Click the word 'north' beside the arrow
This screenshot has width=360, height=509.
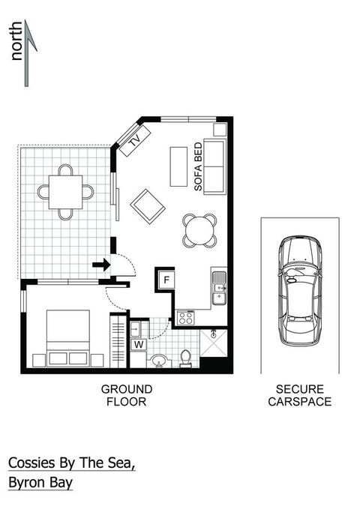coord(16,46)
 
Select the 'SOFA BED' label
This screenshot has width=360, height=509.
coord(199,168)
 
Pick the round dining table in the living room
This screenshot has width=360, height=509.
coord(200,230)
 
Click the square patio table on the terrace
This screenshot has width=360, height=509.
coord(67,192)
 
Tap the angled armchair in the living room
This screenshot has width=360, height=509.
coord(148,205)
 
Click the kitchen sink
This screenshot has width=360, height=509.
coord(219,288)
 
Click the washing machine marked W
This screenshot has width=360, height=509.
coord(138,345)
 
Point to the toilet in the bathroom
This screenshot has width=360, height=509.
coord(185,359)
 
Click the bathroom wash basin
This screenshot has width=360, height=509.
coord(159,362)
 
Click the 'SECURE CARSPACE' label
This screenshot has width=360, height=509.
coord(299,395)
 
